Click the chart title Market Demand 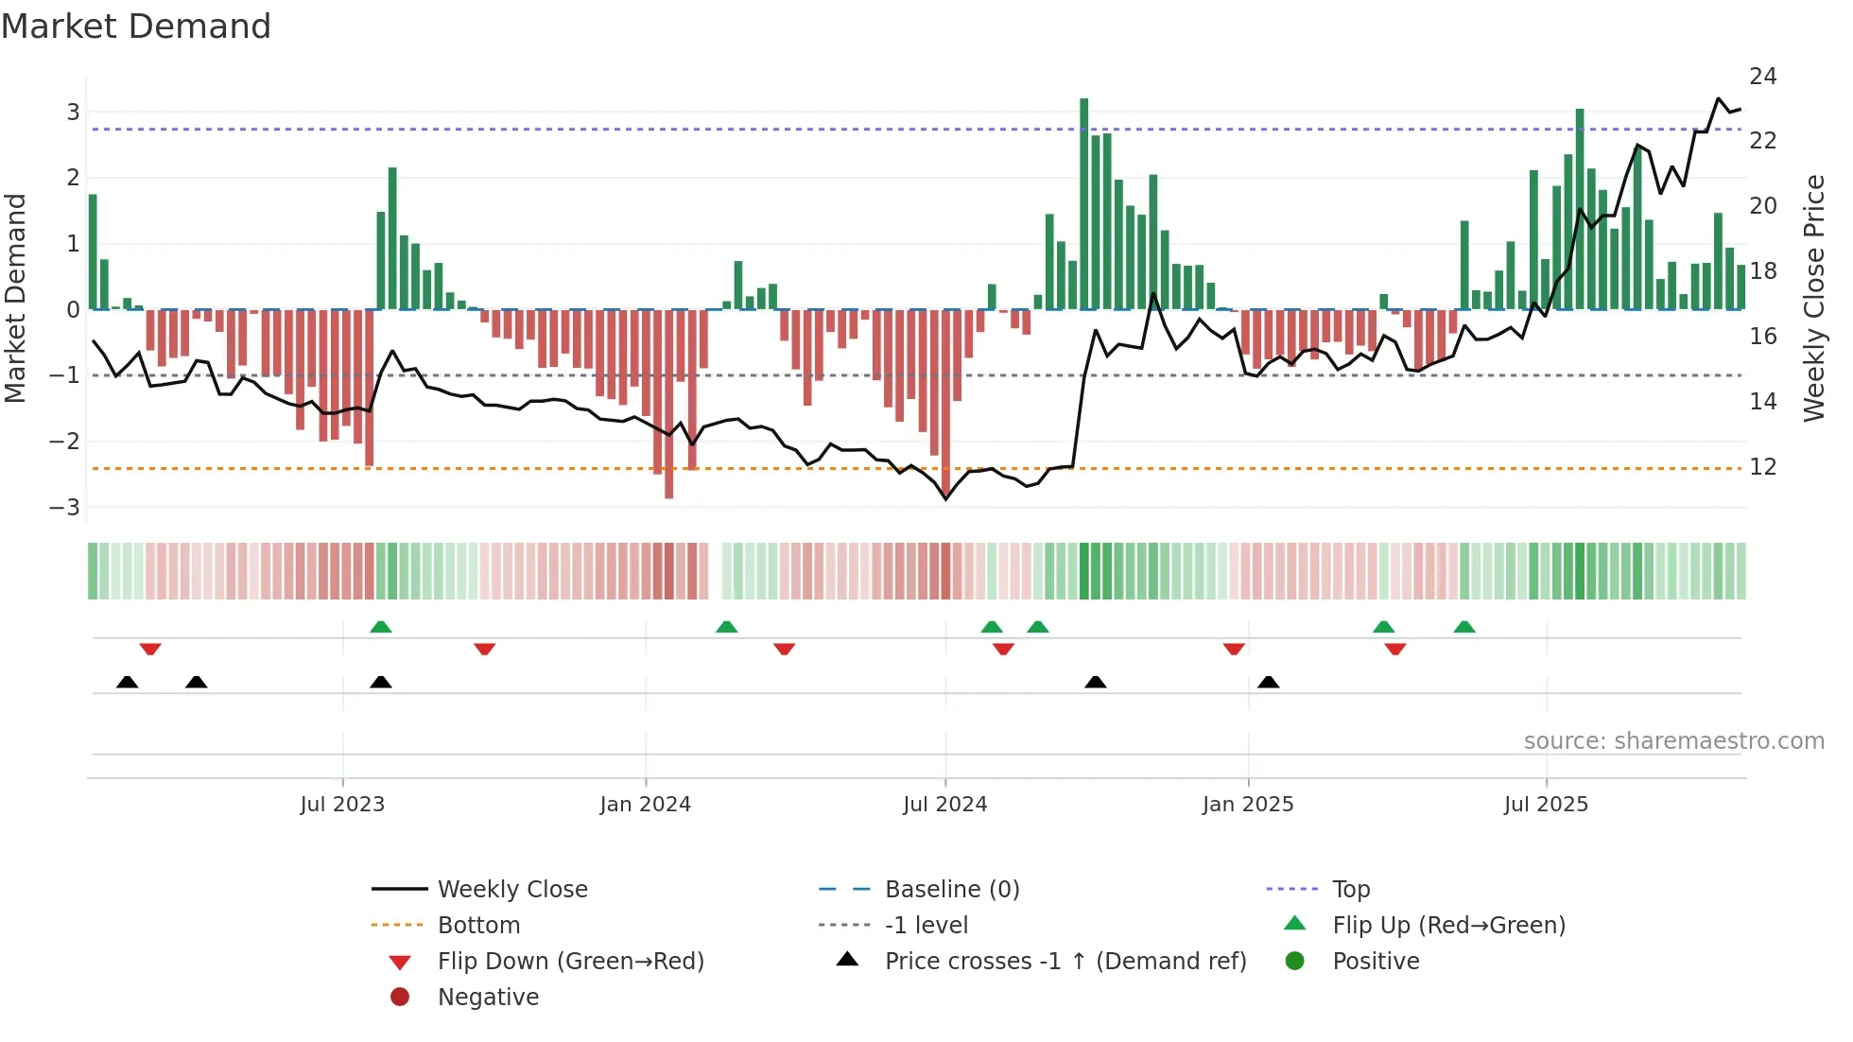click(136, 26)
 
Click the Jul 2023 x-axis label click(342, 805)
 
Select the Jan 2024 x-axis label click(645, 805)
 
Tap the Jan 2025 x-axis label click(1247, 805)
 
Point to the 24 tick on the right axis click(1762, 77)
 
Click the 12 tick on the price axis click(1762, 467)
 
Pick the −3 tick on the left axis click(64, 508)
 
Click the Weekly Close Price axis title click(1813, 298)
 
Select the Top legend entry click(1350, 890)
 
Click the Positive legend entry click(1375, 962)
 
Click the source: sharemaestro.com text click(1673, 741)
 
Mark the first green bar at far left click(93, 252)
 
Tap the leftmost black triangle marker click(127, 682)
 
